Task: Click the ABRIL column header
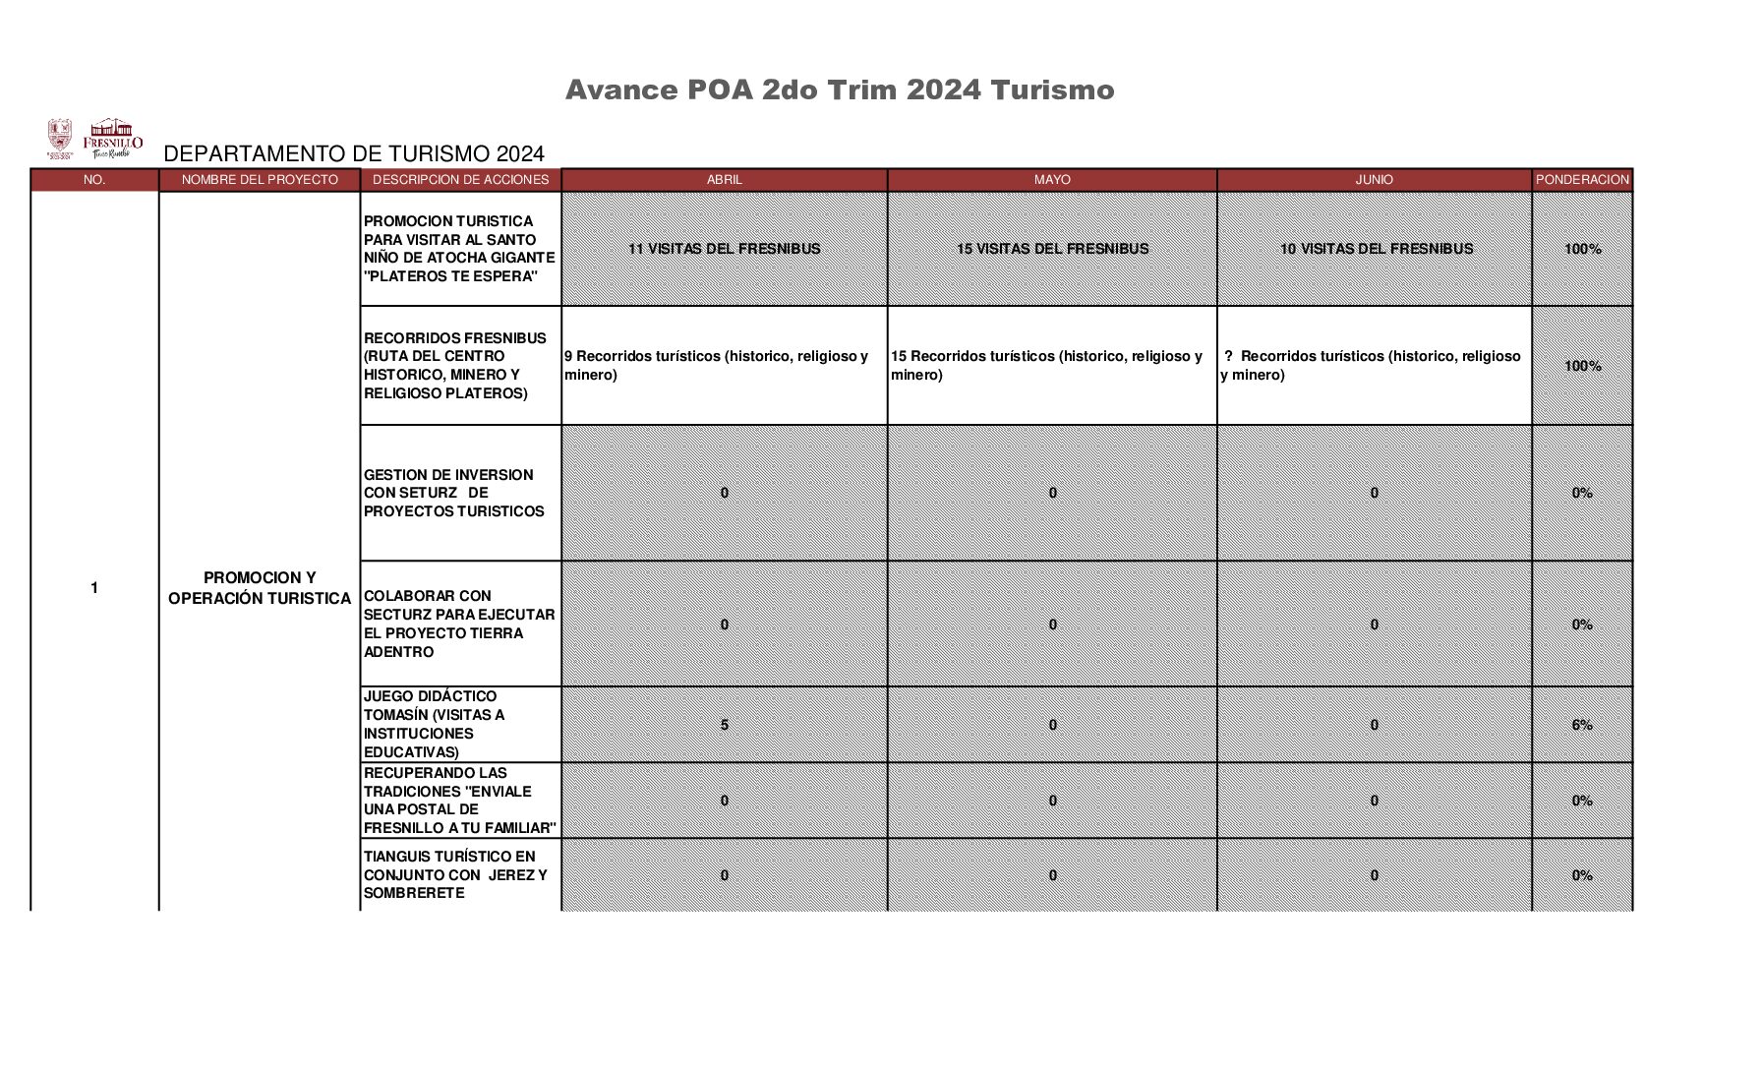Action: [x=724, y=180]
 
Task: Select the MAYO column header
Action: [x=1051, y=180]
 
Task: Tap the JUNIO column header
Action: [x=1374, y=180]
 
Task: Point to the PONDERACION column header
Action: [x=1582, y=180]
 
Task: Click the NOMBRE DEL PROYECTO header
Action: [x=260, y=180]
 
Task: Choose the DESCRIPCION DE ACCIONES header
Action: [x=460, y=180]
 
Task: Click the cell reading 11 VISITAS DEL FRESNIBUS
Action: [x=724, y=249]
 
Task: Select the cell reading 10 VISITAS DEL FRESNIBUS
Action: [x=1376, y=249]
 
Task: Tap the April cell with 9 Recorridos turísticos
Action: [x=717, y=365]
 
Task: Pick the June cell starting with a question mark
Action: [x=1372, y=365]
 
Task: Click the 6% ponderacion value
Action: [x=1581, y=725]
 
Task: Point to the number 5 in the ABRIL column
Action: [x=725, y=725]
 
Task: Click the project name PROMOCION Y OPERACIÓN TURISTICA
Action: [x=260, y=588]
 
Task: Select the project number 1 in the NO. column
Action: [x=94, y=588]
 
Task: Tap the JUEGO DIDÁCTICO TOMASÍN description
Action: [x=434, y=724]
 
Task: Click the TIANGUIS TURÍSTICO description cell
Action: [x=454, y=874]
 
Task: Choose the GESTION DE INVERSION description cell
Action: [x=453, y=493]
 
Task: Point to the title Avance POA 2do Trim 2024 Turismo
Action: [x=839, y=90]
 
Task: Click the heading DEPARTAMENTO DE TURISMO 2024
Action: [x=353, y=153]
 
